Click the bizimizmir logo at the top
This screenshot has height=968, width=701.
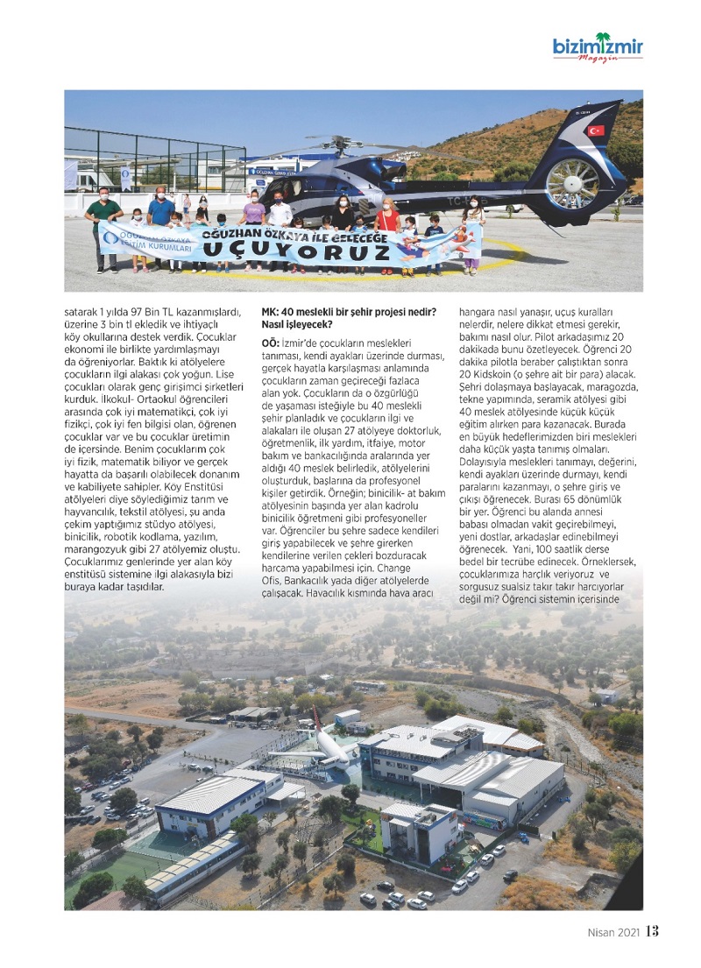coord(598,48)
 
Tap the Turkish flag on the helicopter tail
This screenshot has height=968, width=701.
coord(596,131)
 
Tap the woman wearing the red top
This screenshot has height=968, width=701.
coord(386,219)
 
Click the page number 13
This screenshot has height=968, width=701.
coord(652,931)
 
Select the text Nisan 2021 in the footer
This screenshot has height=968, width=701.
coord(613,932)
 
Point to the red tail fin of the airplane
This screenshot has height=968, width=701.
coord(316,721)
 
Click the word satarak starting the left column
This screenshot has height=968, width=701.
coord(83,312)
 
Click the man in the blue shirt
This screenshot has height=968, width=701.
coord(161,212)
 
